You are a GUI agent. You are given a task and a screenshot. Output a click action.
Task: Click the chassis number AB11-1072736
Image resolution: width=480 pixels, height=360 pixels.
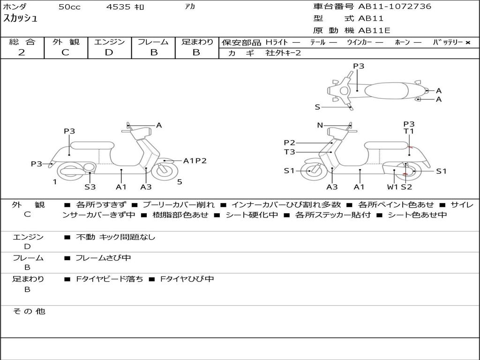point(395,7)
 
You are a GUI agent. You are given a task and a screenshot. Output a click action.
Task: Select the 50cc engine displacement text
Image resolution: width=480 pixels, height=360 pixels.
point(69,7)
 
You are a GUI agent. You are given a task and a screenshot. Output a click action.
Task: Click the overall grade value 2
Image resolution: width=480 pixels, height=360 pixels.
point(22,52)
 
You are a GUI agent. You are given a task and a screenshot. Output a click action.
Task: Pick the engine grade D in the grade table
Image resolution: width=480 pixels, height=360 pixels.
point(109,52)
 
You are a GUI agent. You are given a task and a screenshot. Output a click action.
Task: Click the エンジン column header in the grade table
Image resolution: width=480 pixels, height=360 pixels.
point(109,42)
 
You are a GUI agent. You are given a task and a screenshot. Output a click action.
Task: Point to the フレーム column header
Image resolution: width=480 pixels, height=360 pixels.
point(153,42)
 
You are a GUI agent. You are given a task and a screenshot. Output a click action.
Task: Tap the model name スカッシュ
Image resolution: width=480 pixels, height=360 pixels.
point(21,19)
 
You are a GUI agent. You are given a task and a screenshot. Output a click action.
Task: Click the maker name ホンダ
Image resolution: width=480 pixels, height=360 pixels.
point(15,7)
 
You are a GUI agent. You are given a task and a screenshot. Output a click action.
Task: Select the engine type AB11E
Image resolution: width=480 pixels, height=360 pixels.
point(375,31)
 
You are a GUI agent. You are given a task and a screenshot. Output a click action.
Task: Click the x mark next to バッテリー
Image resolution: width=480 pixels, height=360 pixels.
point(467,43)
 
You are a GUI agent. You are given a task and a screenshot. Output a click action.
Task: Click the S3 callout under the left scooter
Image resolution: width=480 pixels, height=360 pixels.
point(90,187)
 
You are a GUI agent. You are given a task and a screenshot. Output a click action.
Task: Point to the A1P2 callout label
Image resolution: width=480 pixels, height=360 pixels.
point(195,161)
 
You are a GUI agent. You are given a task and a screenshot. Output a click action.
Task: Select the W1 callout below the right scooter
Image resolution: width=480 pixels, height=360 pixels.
point(392,187)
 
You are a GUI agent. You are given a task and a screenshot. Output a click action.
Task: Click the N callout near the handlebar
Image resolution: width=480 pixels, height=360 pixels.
point(320,125)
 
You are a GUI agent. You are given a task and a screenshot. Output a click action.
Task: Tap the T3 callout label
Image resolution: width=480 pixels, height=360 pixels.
point(289,152)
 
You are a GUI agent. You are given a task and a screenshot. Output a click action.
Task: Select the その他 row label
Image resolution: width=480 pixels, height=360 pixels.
point(29,311)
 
